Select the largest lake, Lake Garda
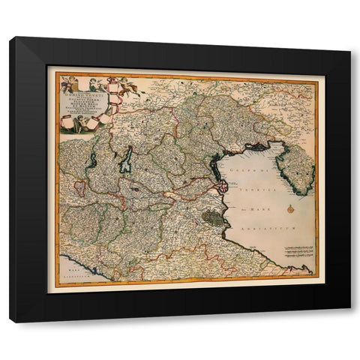[x=127, y=160]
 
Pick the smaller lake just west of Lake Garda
[x=92, y=160]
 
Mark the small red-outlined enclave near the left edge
[x=79, y=187]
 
